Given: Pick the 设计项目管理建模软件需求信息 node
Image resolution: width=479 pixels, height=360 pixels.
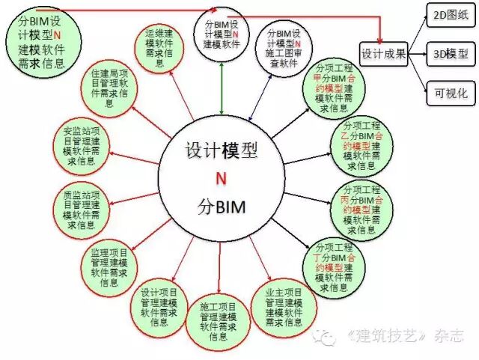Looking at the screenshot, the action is pyautogui.click(x=159, y=306).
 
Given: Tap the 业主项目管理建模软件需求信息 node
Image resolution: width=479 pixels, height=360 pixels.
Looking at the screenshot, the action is pyautogui.click(x=284, y=306).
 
